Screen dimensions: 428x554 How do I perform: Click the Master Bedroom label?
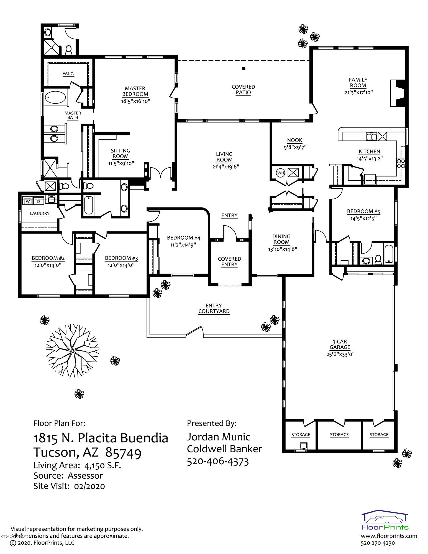[x=135, y=91]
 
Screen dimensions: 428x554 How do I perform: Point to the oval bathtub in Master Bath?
[x=55, y=98]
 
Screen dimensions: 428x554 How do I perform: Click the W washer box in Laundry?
[x=28, y=201]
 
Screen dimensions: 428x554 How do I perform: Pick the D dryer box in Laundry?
[x=39, y=201]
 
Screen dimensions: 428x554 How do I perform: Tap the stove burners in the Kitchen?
[x=401, y=163]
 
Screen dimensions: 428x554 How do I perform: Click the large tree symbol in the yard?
[x=72, y=350]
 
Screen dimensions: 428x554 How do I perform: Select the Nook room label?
[x=295, y=140]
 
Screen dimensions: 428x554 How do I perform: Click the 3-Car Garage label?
[x=340, y=344]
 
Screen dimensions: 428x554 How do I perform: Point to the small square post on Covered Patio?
[x=244, y=68]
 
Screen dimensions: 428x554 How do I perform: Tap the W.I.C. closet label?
[x=68, y=74]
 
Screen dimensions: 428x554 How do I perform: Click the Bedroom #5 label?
[x=363, y=212]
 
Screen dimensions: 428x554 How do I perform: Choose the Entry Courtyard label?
[x=214, y=308]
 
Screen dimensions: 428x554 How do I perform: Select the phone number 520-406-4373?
[x=218, y=462]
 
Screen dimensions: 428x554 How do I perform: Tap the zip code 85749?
[x=124, y=452]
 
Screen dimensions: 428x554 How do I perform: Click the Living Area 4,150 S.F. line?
[x=77, y=465]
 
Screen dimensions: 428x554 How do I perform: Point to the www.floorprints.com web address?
[x=389, y=536]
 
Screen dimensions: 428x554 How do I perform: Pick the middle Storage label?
[x=339, y=435]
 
